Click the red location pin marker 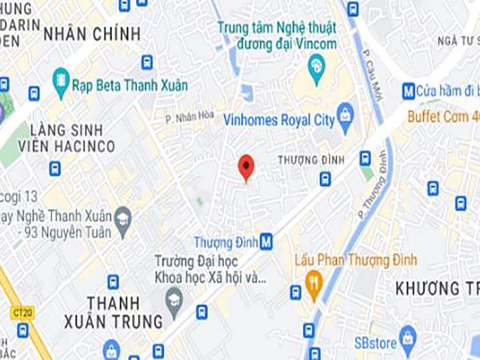(x=246, y=166)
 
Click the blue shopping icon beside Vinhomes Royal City (x=346, y=114)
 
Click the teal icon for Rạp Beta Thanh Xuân (x=61, y=80)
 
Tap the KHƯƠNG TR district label (x=436, y=287)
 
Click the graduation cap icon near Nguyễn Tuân (x=122, y=218)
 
